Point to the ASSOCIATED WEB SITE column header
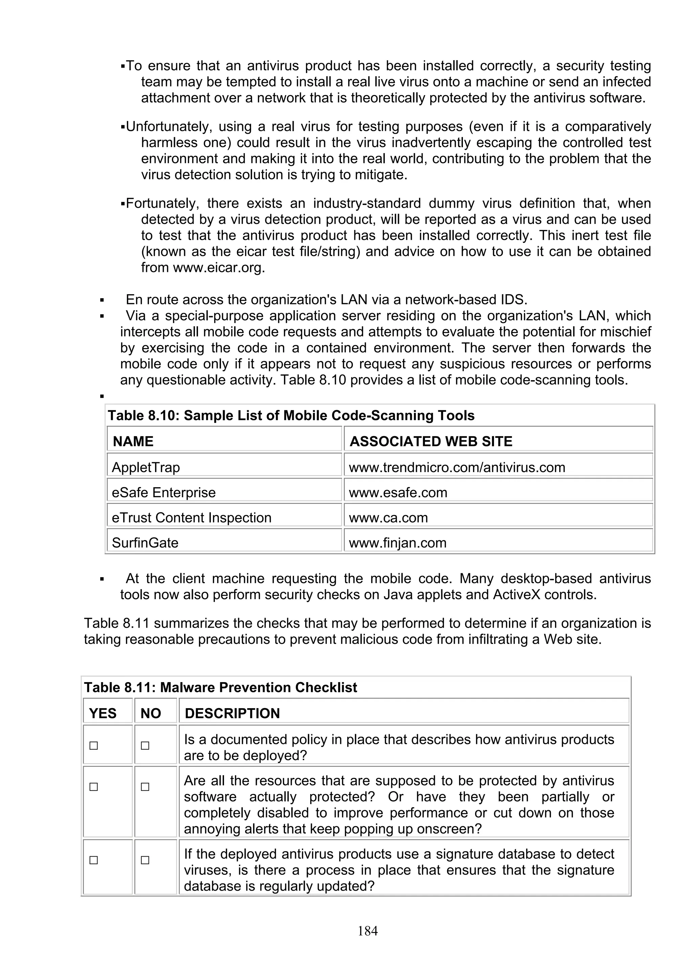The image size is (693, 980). (x=431, y=441)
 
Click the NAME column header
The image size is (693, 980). (x=133, y=441)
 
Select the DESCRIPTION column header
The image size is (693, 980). (x=232, y=713)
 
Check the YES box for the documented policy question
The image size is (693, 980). (x=93, y=746)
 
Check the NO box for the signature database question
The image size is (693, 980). (x=145, y=860)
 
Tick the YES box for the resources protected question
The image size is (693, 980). (x=93, y=787)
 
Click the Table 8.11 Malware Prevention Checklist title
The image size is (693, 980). (x=220, y=687)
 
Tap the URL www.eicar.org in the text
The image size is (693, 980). (x=219, y=267)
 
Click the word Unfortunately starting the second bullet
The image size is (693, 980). (x=170, y=126)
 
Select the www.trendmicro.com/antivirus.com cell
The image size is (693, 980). (x=457, y=467)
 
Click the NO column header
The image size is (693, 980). (x=151, y=713)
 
